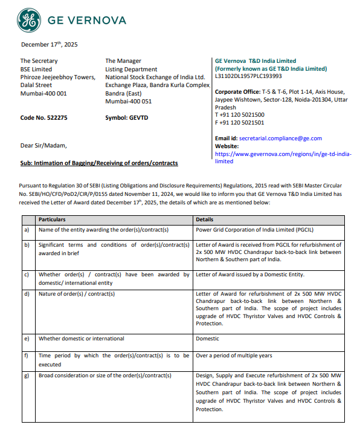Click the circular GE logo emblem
(x=28, y=21)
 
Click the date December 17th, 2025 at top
(x=49, y=44)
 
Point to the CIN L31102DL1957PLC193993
(x=248, y=76)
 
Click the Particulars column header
(x=52, y=219)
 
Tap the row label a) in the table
(x=26, y=230)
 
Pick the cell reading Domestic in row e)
(x=208, y=339)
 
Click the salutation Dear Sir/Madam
(x=44, y=145)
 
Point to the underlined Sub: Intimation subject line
(x=99, y=163)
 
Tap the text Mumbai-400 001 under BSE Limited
(x=43, y=94)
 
